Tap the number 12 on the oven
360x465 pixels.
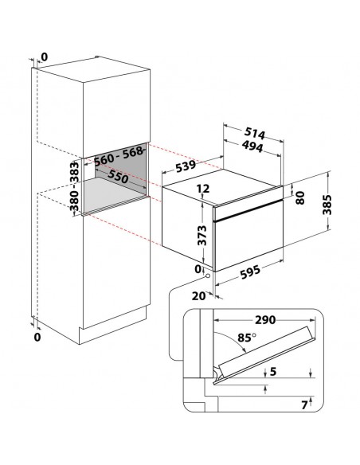202,189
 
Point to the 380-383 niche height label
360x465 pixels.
76,188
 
